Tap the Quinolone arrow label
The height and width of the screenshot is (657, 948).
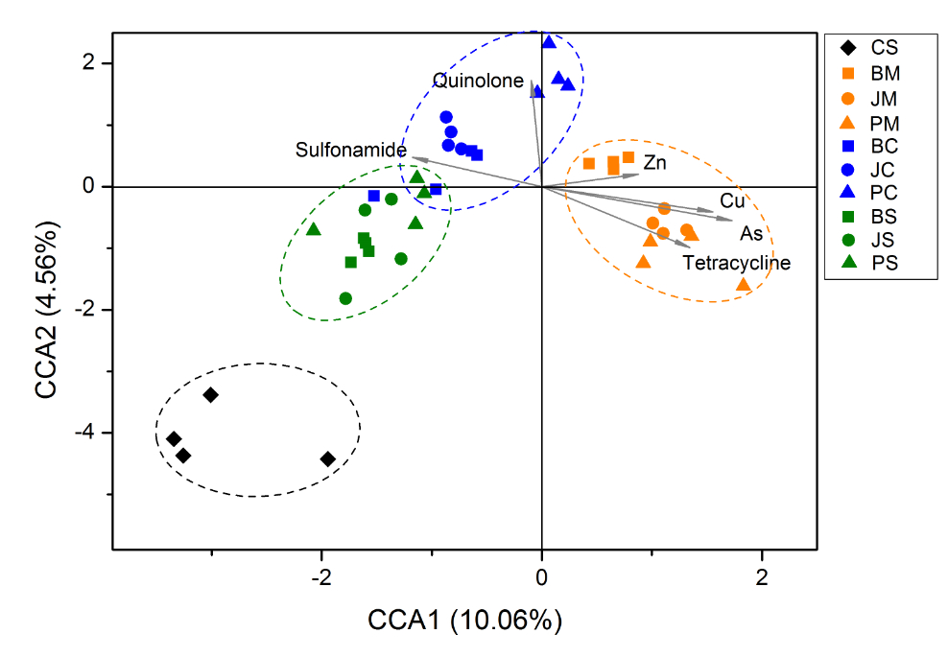(x=478, y=81)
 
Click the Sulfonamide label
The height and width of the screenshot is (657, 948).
(x=350, y=150)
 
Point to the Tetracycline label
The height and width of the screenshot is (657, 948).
(x=737, y=262)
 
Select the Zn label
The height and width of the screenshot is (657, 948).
(x=655, y=163)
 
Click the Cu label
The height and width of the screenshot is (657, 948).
(x=732, y=201)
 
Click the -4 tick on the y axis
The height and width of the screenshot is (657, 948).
(x=92, y=433)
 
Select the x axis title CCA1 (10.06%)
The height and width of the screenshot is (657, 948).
(x=464, y=621)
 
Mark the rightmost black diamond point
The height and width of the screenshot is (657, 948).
(x=327, y=459)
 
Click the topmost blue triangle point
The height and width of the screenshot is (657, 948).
(x=549, y=41)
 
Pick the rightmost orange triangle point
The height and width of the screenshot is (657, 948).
(x=743, y=285)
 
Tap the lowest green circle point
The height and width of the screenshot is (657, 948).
(x=345, y=298)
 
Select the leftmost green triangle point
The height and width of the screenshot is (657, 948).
(x=314, y=229)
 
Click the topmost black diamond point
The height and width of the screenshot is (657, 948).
(x=210, y=395)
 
